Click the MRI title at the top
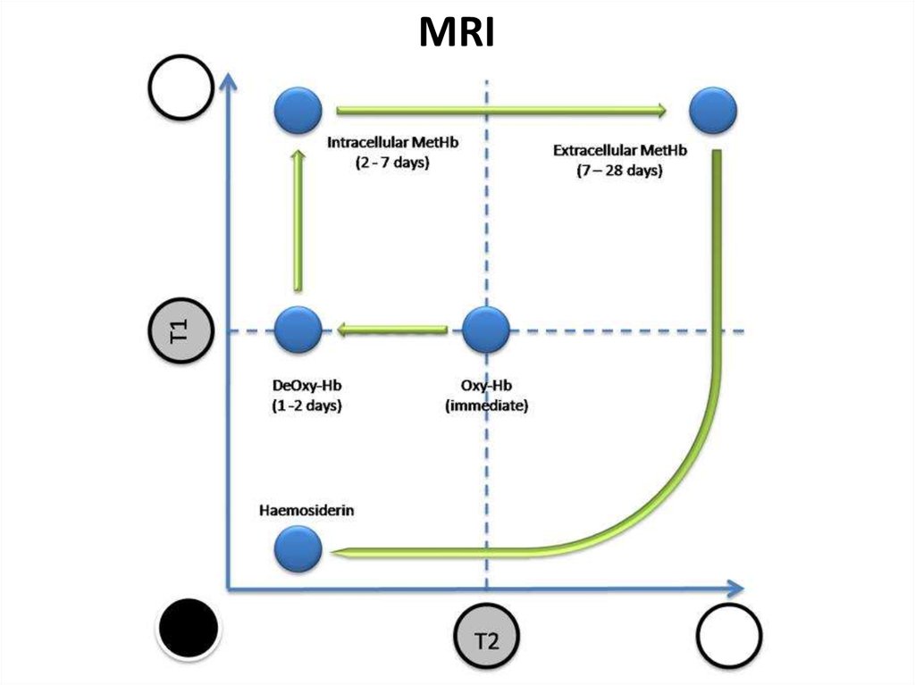(457, 33)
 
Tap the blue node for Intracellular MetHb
(298, 113)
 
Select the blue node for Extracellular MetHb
(714, 111)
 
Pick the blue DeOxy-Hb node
(298, 330)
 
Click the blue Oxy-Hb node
(486, 330)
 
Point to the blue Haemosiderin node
(298, 548)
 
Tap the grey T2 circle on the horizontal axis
(487, 639)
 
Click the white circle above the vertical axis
(181, 88)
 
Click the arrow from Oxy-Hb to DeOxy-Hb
(392, 331)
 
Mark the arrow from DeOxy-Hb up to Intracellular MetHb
(298, 220)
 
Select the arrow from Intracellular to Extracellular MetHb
(501, 111)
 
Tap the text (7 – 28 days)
(619, 171)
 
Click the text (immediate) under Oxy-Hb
(487, 405)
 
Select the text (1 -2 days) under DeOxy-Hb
(308, 405)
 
